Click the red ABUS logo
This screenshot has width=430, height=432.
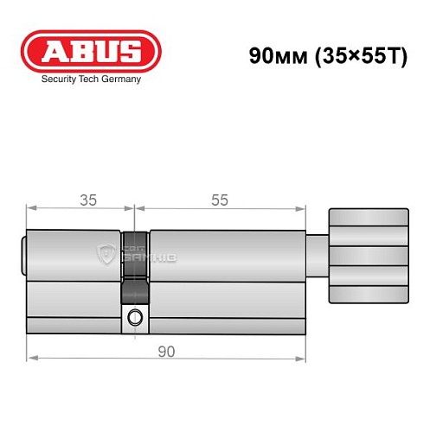[91, 51]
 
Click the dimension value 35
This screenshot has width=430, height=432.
[87, 200]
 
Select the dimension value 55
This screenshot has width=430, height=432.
[220, 200]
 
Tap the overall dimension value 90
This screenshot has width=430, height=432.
[167, 350]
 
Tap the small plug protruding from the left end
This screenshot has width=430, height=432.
[23, 256]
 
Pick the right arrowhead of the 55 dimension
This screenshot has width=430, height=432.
[303, 207]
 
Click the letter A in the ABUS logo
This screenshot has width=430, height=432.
[54, 51]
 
